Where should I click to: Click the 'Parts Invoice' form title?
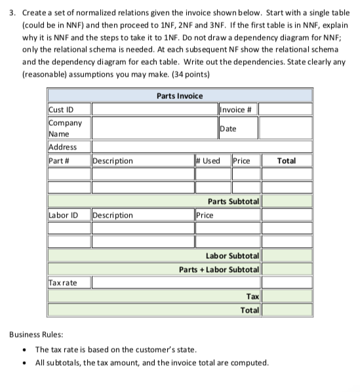tap(180, 96)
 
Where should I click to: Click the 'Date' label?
tap(228, 128)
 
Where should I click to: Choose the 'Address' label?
tap(62, 147)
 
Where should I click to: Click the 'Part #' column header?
tap(60, 161)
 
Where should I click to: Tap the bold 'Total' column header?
tap(287, 161)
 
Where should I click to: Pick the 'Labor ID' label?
tap(63, 214)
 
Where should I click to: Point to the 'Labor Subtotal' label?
tap(233, 254)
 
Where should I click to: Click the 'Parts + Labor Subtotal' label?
tap(220, 269)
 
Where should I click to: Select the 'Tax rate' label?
tap(63, 283)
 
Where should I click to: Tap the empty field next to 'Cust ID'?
tap(151, 109)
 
